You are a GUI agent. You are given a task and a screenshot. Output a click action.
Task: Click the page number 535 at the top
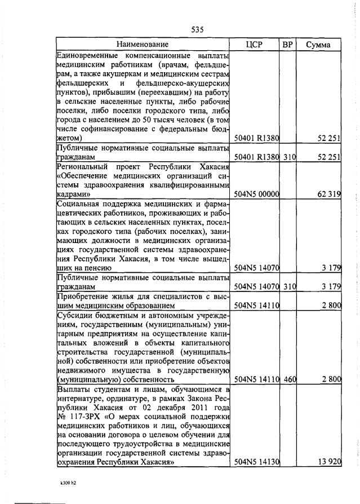(x=197, y=29)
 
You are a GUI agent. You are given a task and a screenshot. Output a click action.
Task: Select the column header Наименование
(x=143, y=45)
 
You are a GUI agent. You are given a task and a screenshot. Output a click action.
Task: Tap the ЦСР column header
(x=255, y=45)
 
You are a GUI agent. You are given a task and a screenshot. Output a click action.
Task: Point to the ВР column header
(x=287, y=45)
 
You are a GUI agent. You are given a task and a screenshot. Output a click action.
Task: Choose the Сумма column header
(x=318, y=45)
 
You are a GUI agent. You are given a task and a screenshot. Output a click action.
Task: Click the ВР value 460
(x=290, y=379)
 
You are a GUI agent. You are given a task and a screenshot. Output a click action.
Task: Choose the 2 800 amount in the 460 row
(x=331, y=379)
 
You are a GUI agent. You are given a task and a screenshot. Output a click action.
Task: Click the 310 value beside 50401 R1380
(x=290, y=157)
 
